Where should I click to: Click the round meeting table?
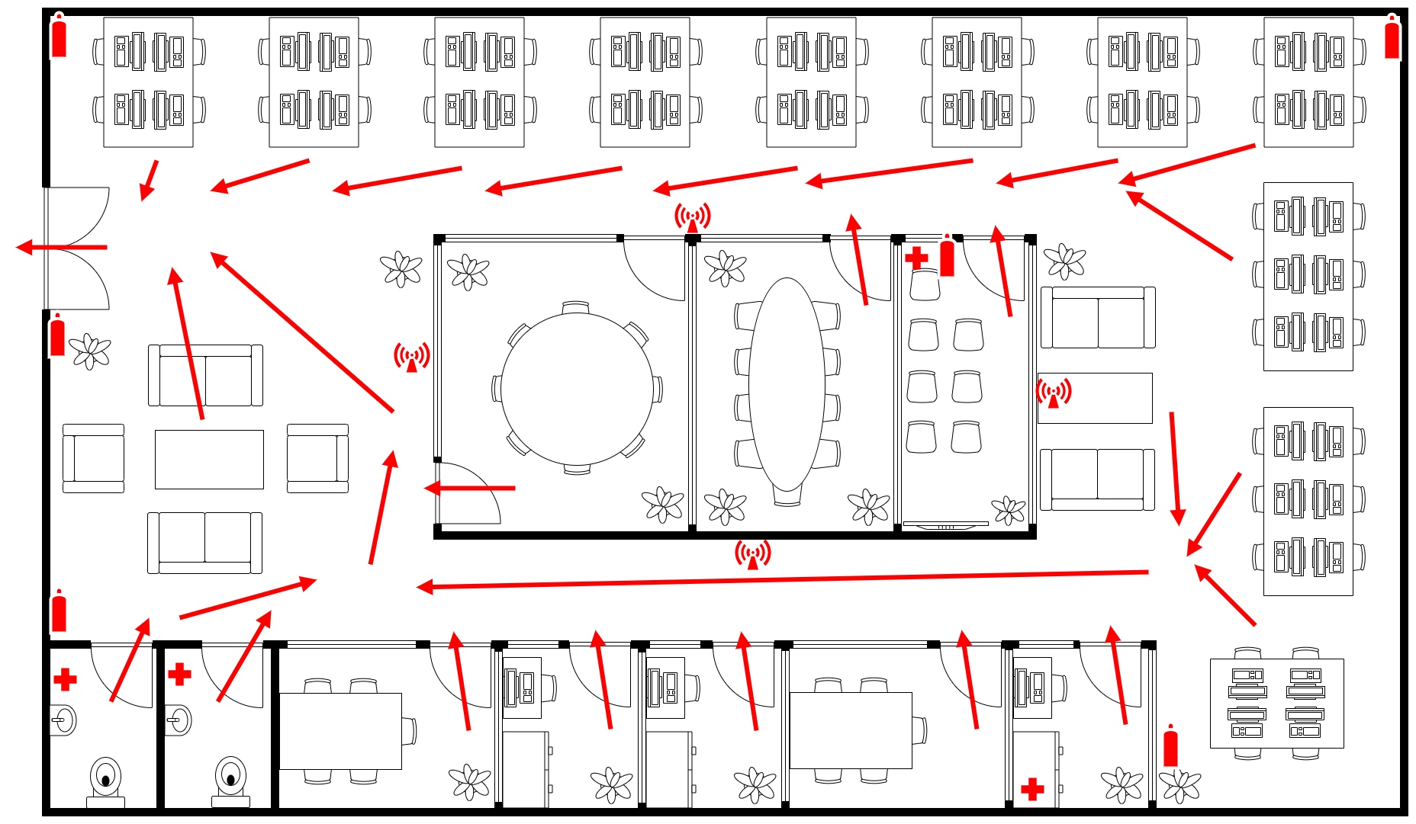pos(577,389)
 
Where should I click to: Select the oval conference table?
pos(787,385)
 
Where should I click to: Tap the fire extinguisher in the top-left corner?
pos(59,37)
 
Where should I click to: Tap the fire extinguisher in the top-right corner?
pos(1392,37)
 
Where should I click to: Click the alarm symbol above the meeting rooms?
pos(692,217)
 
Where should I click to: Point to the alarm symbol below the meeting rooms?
pos(752,554)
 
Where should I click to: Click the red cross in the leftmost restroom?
pos(66,679)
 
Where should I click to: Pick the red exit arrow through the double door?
pos(61,247)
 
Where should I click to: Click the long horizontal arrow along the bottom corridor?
pos(782,579)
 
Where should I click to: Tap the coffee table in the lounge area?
pos(209,459)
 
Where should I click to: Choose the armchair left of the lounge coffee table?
pos(93,458)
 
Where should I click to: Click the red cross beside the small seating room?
pos(916,258)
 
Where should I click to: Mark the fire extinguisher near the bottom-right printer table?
pos(1170,747)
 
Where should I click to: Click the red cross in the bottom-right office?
pos(1032,789)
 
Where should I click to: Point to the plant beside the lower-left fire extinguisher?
pos(90,351)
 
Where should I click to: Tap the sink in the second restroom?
pos(179,720)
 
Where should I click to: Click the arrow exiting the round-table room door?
pos(469,488)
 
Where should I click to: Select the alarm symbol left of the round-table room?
pos(411,357)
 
